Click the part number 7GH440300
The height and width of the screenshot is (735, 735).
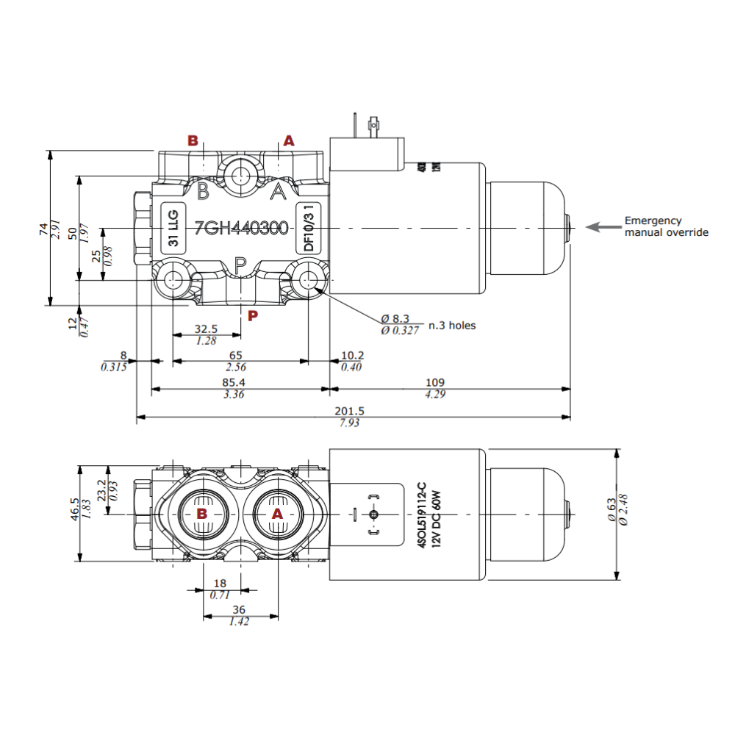[x=241, y=229]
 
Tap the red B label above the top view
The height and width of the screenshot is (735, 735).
[x=193, y=140]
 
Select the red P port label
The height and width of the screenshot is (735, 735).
[x=252, y=316]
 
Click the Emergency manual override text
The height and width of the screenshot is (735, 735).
[x=666, y=226]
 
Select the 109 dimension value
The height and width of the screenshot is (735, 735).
[x=435, y=383]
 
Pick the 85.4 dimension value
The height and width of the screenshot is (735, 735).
[x=234, y=383]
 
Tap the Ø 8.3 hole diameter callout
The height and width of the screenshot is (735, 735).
[x=399, y=319]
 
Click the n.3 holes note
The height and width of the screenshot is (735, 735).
[x=452, y=325]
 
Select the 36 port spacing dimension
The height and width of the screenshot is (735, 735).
[x=239, y=610]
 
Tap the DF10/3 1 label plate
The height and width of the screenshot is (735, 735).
[x=309, y=229]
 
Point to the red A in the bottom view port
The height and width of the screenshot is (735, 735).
[x=277, y=514]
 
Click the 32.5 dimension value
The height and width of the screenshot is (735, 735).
[x=206, y=329]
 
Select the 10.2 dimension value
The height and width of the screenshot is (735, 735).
[x=353, y=356]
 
